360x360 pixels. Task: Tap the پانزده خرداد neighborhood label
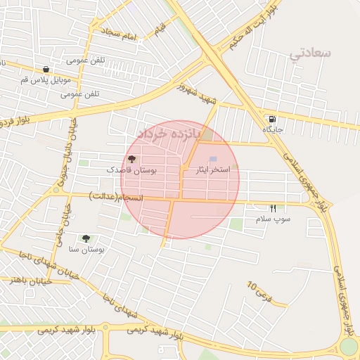[x=169, y=132]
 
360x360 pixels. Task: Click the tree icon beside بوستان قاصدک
[x=131, y=159]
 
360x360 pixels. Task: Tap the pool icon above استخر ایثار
[x=214, y=160]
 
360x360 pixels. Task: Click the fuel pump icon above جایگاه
[x=272, y=119]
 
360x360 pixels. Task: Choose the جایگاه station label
[x=272, y=129]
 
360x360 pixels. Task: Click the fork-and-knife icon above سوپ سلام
[x=273, y=208]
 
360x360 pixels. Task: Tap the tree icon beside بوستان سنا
[x=86, y=239]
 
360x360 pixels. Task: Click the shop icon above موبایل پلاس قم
[x=46, y=70]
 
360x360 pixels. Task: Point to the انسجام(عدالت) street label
[x=116, y=198]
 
